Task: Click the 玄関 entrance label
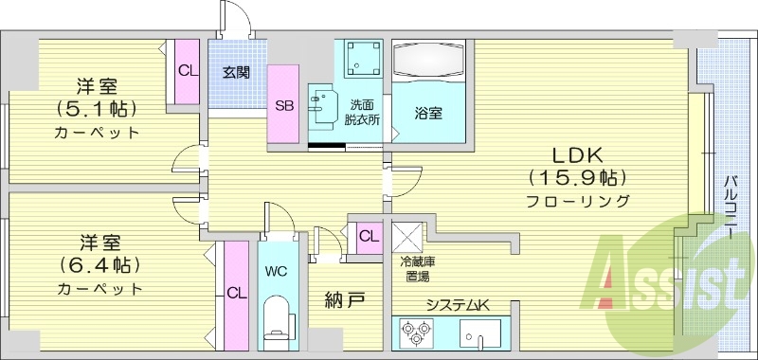236,71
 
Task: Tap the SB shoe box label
283,105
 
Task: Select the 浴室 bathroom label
428,113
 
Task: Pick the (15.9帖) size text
578,177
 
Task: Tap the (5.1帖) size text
96,108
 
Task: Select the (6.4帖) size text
98,263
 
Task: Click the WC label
276,272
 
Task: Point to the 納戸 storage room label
345,301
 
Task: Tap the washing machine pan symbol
359,60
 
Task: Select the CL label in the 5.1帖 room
187,69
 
